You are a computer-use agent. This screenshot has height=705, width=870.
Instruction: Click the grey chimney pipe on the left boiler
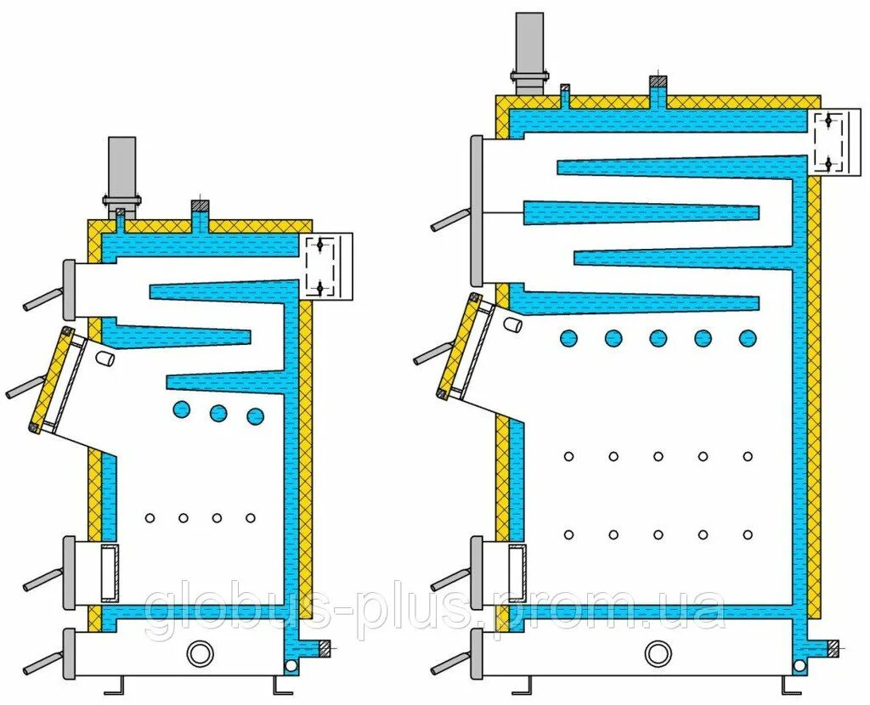click(122, 166)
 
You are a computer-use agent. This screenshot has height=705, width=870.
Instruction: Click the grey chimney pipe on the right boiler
click(530, 42)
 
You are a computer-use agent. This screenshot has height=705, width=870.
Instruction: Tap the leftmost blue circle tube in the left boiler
click(181, 409)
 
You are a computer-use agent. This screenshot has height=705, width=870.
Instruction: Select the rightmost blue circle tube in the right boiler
click(748, 338)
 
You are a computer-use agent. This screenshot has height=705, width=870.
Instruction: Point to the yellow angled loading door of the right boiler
click(459, 345)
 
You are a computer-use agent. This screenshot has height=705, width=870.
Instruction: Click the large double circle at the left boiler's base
click(201, 653)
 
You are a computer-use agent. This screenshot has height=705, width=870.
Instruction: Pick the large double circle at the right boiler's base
click(657, 652)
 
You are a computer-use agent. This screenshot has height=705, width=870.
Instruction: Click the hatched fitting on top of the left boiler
click(200, 206)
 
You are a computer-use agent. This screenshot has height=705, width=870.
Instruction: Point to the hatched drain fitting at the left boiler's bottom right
click(324, 648)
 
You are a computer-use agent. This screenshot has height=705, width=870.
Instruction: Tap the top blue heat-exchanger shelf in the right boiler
click(680, 166)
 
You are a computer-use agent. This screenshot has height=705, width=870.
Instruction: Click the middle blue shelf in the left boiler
click(183, 335)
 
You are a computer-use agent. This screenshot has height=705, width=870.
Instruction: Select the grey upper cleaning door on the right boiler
click(477, 211)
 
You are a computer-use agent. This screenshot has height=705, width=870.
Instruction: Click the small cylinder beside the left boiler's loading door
click(104, 359)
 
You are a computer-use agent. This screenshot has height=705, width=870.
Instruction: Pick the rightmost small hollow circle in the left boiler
click(251, 518)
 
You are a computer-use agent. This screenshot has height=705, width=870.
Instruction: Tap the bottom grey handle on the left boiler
click(41, 661)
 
